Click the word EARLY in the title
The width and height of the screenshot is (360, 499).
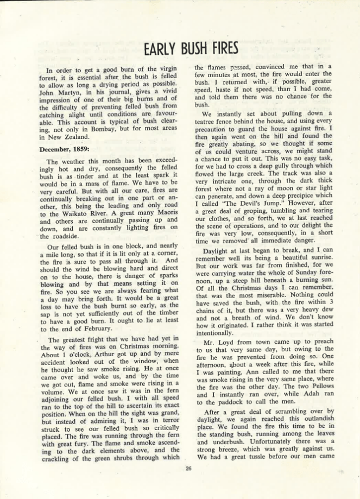click(x=161, y=49)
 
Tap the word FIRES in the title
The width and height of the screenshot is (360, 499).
click(x=222, y=49)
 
